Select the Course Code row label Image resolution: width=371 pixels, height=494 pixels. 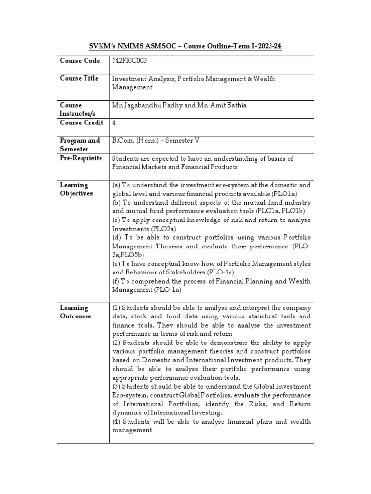point(80,61)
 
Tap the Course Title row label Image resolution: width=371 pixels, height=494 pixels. point(79,78)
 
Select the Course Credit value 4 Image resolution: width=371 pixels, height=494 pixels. point(114,123)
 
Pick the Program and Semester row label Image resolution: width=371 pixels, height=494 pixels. point(80,144)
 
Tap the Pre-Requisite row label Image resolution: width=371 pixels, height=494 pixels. point(82,158)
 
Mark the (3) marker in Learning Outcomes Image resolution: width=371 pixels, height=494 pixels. point(116,386)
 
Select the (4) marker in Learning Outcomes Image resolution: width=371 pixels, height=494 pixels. point(116,421)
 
